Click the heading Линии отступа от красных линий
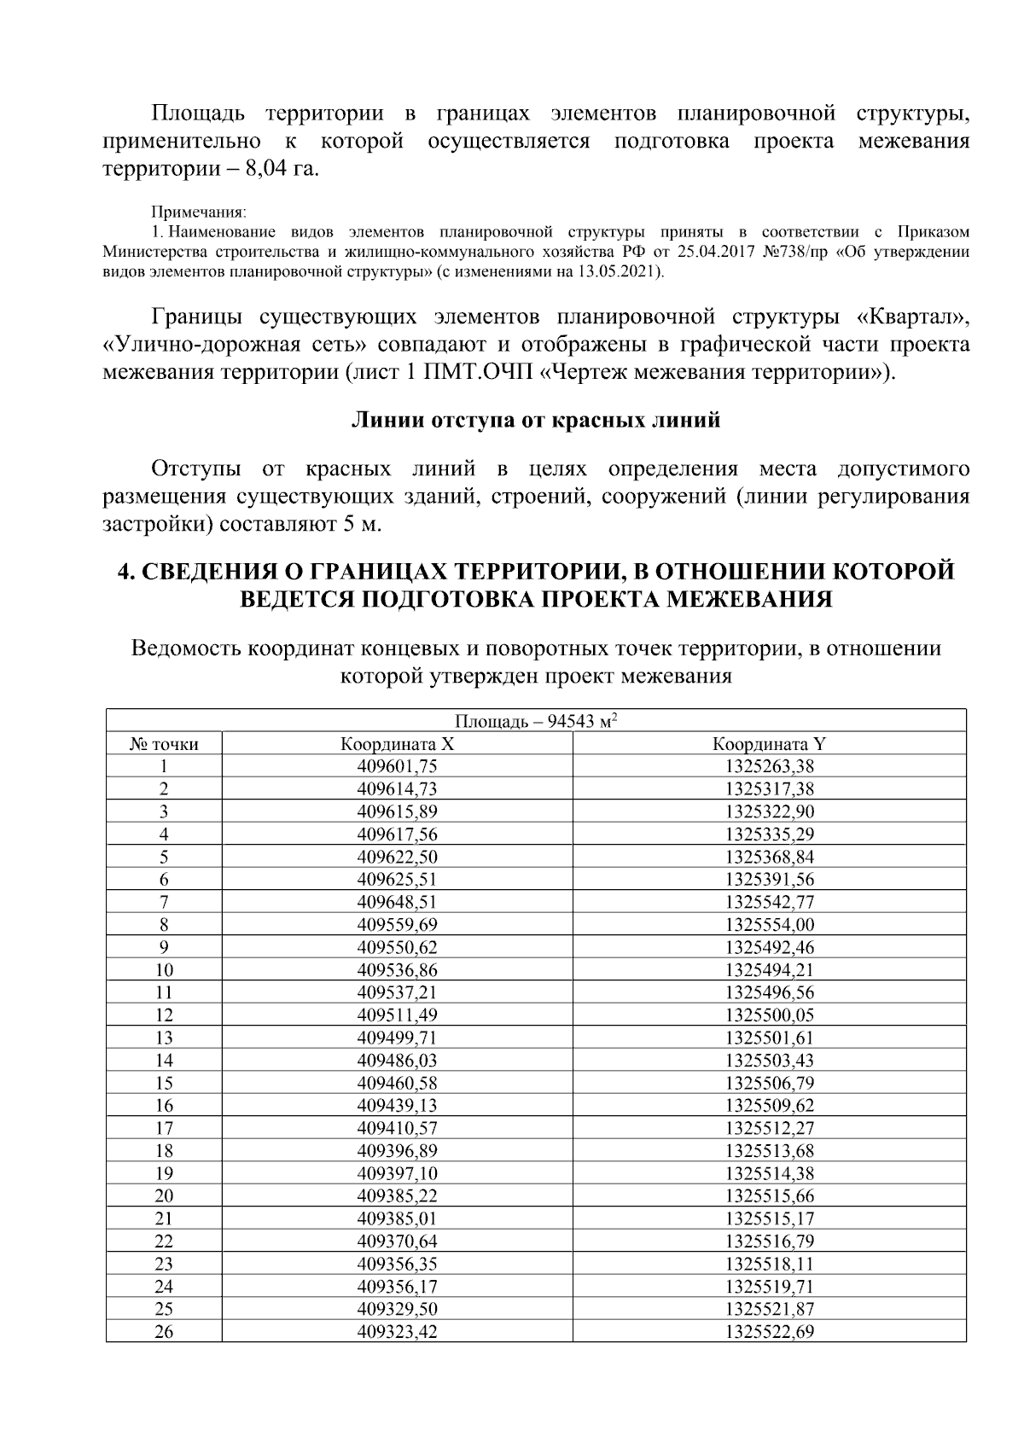[x=536, y=421]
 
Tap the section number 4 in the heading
[x=123, y=572]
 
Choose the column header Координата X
[x=397, y=744]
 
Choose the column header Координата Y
[x=769, y=744]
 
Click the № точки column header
[x=164, y=744]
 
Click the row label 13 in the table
[x=164, y=1038]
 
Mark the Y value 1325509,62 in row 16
[x=769, y=1106]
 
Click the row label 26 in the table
[x=164, y=1332]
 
